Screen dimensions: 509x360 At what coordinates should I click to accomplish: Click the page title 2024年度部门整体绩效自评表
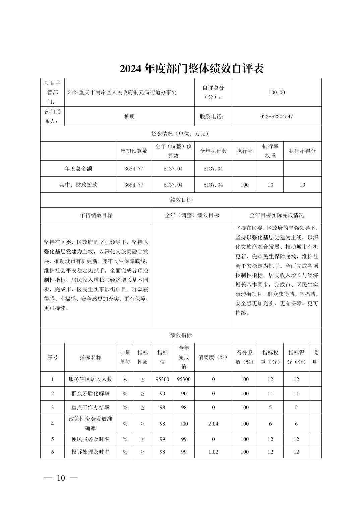[x=192, y=68]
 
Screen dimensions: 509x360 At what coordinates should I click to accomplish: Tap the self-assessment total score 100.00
[x=277, y=92]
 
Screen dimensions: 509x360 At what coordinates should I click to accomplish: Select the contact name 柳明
[x=129, y=117]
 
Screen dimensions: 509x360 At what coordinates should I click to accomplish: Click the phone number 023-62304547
[x=277, y=117]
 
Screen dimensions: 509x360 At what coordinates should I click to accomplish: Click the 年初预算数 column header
[x=134, y=151]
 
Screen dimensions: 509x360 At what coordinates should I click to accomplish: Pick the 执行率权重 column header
[x=270, y=151]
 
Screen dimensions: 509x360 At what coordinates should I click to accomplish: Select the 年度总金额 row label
[x=78, y=169]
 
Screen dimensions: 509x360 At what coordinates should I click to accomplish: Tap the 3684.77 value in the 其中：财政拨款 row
[x=134, y=185]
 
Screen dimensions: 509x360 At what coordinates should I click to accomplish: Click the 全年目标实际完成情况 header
[x=277, y=215]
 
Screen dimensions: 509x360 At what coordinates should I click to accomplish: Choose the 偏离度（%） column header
[x=213, y=357]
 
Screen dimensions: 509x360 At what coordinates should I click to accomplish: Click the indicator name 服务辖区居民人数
[x=90, y=379]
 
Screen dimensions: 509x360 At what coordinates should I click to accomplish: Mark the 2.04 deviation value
[x=213, y=424]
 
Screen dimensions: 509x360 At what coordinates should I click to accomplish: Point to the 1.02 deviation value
[x=213, y=452]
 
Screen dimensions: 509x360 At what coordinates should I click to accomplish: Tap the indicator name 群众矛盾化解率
[x=90, y=394]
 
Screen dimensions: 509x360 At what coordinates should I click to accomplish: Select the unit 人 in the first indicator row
[x=125, y=379]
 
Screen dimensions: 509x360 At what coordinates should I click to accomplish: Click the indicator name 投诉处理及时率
[x=90, y=452]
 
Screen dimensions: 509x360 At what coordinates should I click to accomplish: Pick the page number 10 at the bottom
[x=61, y=478]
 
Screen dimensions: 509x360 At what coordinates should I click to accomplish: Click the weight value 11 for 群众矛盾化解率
[x=270, y=394]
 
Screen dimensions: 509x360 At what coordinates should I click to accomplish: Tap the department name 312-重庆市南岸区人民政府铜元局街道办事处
[x=122, y=92]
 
